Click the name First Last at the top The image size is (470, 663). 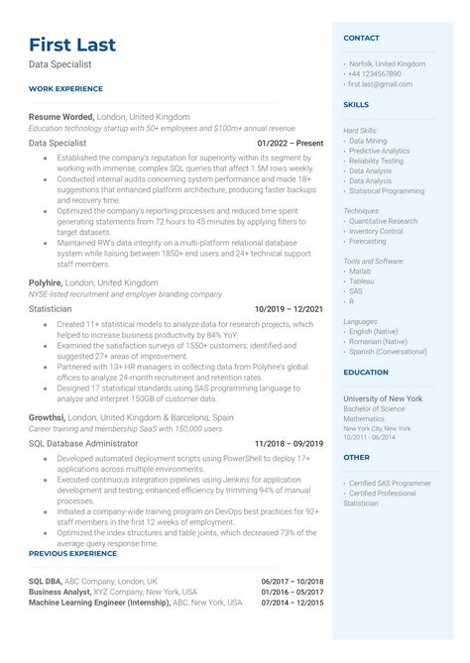click(72, 45)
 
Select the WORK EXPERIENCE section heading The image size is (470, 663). click(66, 88)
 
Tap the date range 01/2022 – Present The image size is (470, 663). click(290, 143)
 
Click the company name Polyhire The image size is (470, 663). click(48, 282)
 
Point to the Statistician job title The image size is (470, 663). click(52, 309)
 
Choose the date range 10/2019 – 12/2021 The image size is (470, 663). click(288, 309)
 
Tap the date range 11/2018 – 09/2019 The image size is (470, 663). click(289, 443)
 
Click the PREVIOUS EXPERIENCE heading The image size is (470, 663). click(72, 553)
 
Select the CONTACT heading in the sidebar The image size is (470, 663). click(361, 38)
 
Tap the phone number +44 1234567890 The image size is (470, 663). click(376, 73)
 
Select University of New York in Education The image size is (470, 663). click(383, 397)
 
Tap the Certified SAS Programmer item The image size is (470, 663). click(389, 483)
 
